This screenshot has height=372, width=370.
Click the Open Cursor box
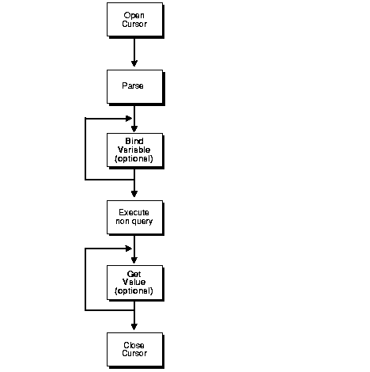coord(134,19)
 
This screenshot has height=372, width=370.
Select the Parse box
coord(134,85)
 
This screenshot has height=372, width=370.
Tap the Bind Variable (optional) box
coord(134,150)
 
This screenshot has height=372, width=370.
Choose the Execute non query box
coord(134,217)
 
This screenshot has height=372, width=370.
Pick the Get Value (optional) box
coord(134,282)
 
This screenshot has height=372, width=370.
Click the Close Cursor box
coord(134,348)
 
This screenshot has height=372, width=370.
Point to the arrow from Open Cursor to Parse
coord(134,51)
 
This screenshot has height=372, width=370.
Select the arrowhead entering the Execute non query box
coord(134,195)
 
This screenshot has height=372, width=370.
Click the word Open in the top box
coord(134,15)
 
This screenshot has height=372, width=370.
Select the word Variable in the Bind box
coord(134,150)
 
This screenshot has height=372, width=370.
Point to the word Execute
coord(134,212)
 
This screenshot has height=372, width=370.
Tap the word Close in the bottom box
coord(134,344)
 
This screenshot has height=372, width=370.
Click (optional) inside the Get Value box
coord(134,291)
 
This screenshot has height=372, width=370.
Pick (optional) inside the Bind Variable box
coord(134,158)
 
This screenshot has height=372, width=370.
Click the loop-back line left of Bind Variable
coord(85,149)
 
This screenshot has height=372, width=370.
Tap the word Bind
coord(134,141)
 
